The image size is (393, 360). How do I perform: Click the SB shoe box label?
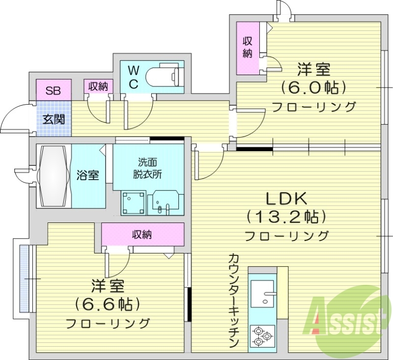pyautogui.click(x=53, y=90)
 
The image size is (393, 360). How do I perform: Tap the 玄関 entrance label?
pyautogui.click(x=53, y=119)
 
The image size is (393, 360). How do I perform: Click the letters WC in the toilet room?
pyautogui.click(x=133, y=77)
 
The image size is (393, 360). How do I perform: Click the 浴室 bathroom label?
pyautogui.click(x=88, y=175)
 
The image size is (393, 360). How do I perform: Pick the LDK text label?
pyautogui.click(x=286, y=198)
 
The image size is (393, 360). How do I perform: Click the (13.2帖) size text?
pyautogui.click(x=286, y=217)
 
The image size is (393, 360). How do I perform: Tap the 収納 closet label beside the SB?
pyautogui.click(x=98, y=87)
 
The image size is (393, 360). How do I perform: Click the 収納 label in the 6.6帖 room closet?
pyautogui.click(x=142, y=234)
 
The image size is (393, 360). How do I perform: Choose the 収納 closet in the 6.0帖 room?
pyautogui.click(x=247, y=48)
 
